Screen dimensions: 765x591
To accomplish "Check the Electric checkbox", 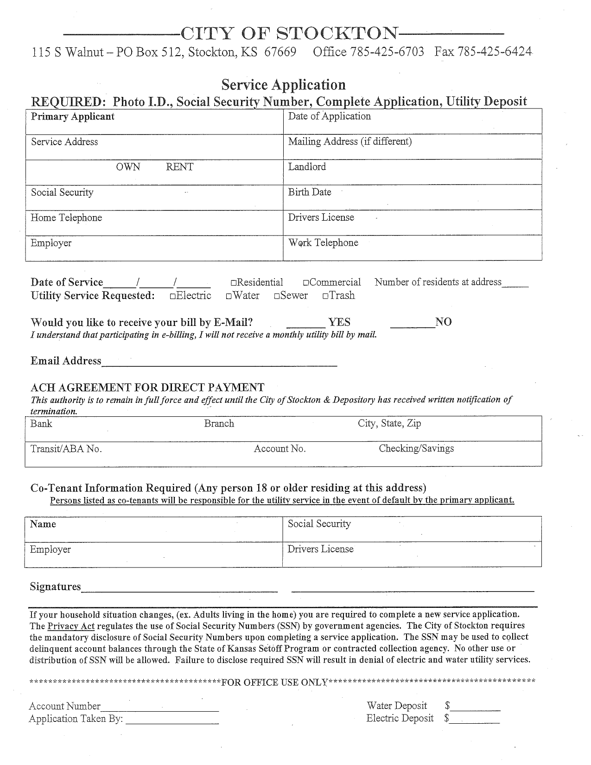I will [172, 296].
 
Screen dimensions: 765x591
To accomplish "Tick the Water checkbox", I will [229, 296].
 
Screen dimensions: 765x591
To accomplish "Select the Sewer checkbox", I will [276, 296].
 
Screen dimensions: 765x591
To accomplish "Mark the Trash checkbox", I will [325, 296].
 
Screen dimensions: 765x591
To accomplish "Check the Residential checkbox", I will [233, 283].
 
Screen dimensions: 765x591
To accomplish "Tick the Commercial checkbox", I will [306, 283].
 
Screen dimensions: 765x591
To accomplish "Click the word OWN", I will [128, 167].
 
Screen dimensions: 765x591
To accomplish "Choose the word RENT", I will [179, 167].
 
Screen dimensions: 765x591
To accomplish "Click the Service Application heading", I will [283, 85].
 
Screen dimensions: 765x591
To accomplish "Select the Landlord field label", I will [307, 167].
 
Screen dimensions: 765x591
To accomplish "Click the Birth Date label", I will [310, 192].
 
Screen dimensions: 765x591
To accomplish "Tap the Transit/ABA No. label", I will [66, 449].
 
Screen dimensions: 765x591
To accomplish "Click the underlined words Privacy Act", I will [71, 626].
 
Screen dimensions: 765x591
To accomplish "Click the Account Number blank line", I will [159, 709].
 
